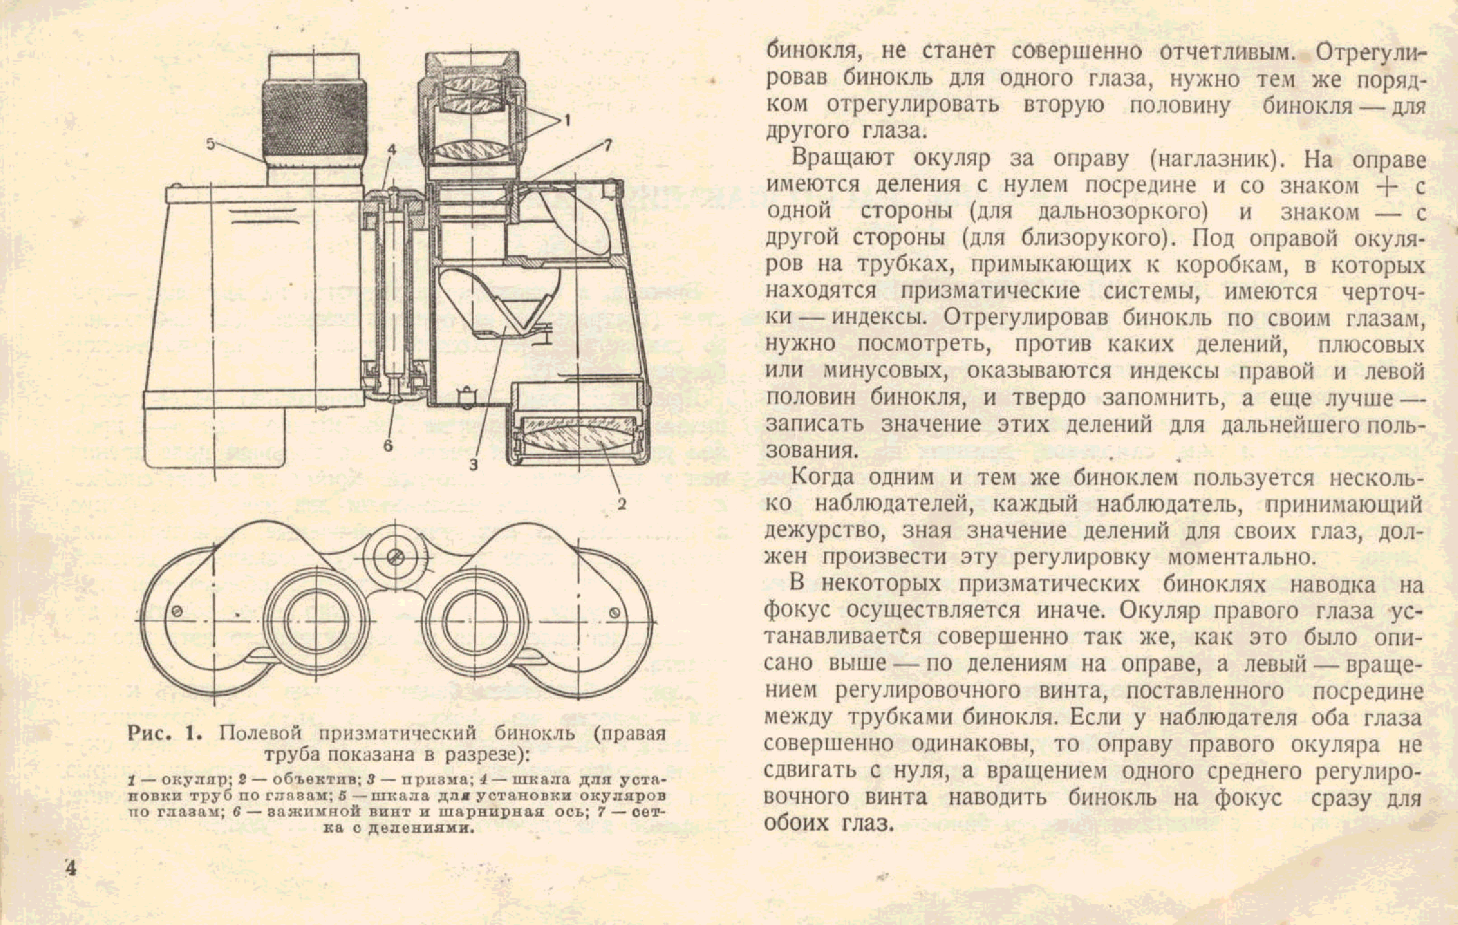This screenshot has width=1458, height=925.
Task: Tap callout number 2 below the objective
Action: (x=622, y=503)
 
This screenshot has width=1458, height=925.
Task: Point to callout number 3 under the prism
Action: (x=473, y=465)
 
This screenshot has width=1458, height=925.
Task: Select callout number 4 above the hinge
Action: (x=391, y=149)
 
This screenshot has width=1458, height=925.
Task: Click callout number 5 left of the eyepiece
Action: (x=210, y=144)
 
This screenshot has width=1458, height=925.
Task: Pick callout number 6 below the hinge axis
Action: (x=388, y=446)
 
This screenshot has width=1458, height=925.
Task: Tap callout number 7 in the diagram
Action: (x=608, y=145)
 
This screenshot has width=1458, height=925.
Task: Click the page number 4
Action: (x=72, y=869)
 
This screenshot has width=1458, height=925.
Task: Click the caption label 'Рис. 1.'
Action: (x=164, y=734)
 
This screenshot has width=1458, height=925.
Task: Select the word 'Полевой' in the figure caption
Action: (x=260, y=734)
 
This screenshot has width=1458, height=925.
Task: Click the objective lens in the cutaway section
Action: (x=576, y=438)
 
